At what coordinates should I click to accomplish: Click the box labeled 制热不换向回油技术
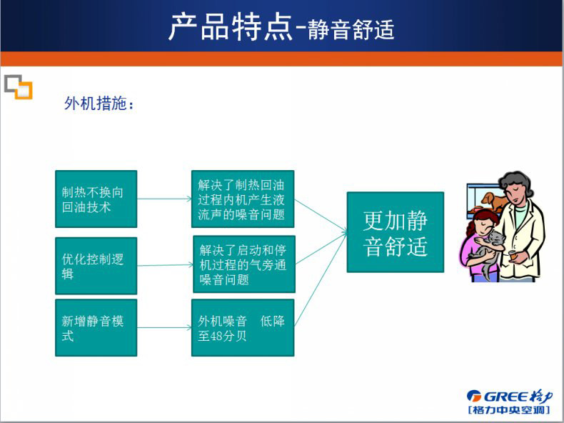click(x=96, y=199)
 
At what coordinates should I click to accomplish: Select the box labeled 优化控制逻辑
click(x=96, y=266)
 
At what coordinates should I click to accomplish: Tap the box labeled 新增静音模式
click(x=96, y=327)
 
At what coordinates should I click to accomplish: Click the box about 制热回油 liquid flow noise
click(x=243, y=199)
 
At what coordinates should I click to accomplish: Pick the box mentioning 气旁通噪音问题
click(x=244, y=264)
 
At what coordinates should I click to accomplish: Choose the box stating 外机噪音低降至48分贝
click(x=243, y=327)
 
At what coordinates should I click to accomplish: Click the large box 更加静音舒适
click(x=396, y=232)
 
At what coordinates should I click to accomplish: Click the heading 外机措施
click(x=99, y=104)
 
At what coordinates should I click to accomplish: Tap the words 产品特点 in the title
click(x=230, y=27)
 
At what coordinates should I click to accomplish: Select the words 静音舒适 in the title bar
click(x=351, y=29)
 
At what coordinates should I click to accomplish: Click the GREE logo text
click(x=509, y=397)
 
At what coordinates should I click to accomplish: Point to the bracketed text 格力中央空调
click(x=509, y=410)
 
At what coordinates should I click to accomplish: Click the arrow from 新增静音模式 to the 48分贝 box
click(x=164, y=327)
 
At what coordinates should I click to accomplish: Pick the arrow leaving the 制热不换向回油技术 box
click(x=164, y=199)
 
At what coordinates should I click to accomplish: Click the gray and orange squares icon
click(x=19, y=86)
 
